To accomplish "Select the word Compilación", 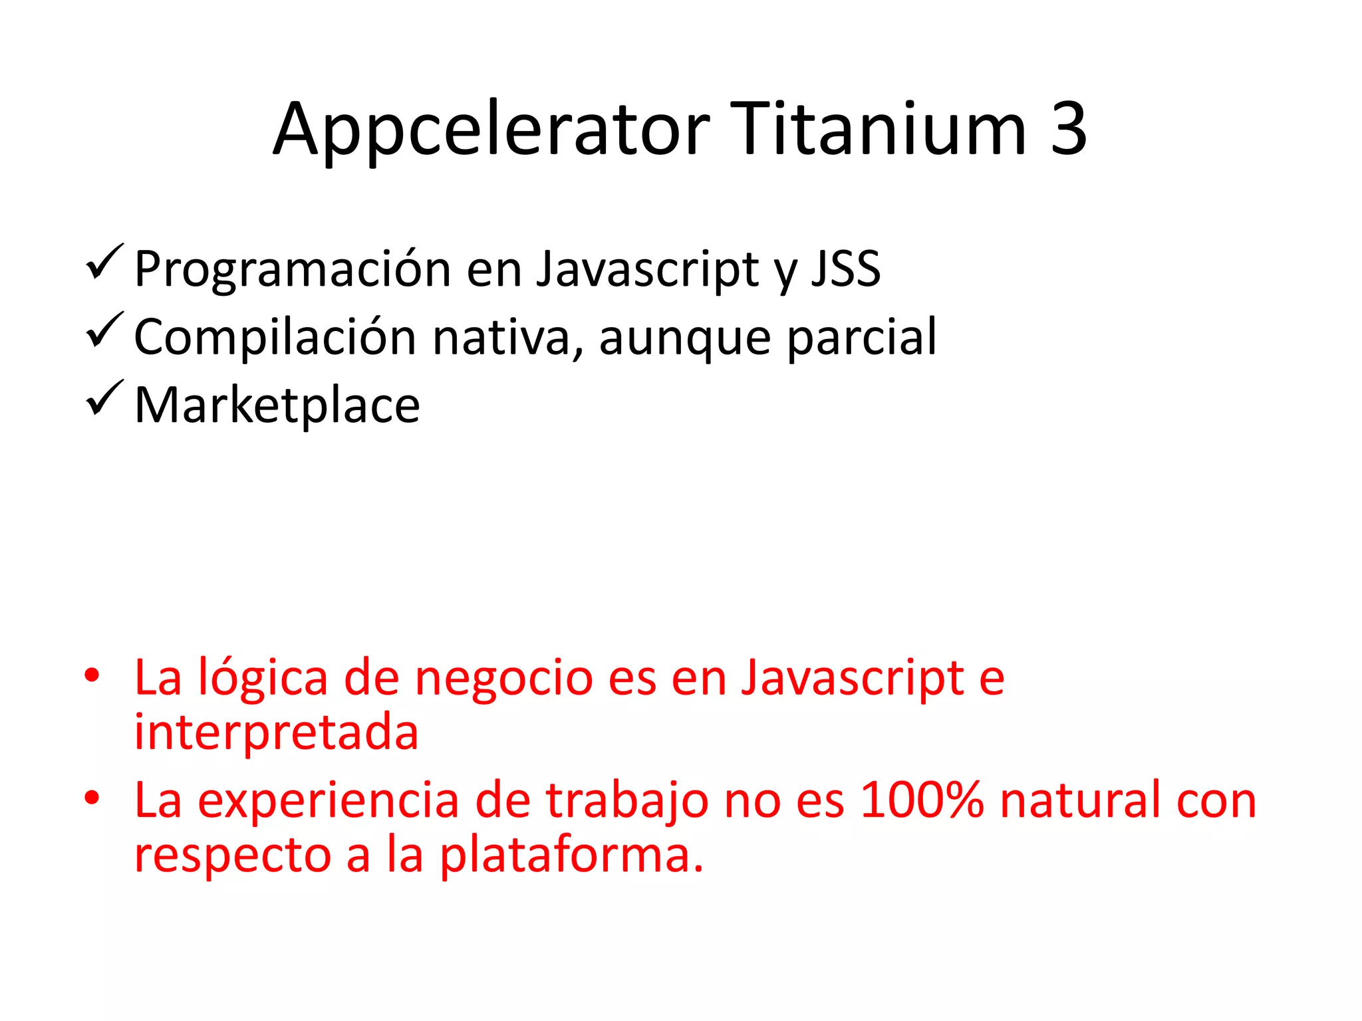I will coord(275,337).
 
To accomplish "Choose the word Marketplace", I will coord(277,405).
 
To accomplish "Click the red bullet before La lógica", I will coord(92,676).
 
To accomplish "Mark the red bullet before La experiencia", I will coord(92,798).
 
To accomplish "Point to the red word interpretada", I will coord(276,732).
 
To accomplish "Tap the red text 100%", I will coord(922,800).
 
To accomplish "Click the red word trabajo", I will coord(627,801).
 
